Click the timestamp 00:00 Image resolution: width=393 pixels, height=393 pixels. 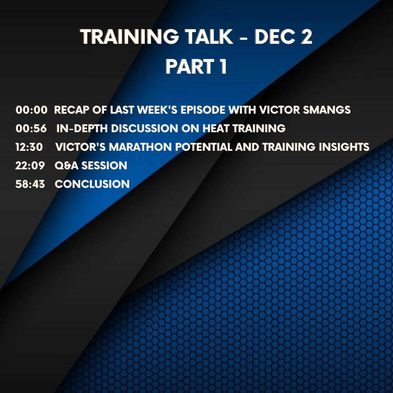coord(31,110)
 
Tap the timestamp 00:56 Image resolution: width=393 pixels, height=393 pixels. coord(31,128)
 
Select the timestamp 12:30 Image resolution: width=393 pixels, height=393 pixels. coord(29,147)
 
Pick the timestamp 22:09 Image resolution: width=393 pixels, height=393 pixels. coord(30,165)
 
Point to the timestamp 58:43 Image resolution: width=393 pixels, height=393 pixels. coord(30,184)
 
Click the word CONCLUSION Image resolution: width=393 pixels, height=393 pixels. coord(92,184)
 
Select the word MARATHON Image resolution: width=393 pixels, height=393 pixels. coord(140,147)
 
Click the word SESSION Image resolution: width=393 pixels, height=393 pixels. coord(104,165)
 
